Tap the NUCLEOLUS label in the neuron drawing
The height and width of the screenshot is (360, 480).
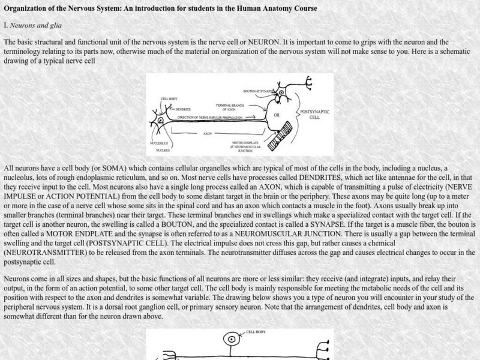coord(158,144)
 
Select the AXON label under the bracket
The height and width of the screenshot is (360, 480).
coord(207,134)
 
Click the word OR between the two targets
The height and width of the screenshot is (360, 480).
coord(277,114)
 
